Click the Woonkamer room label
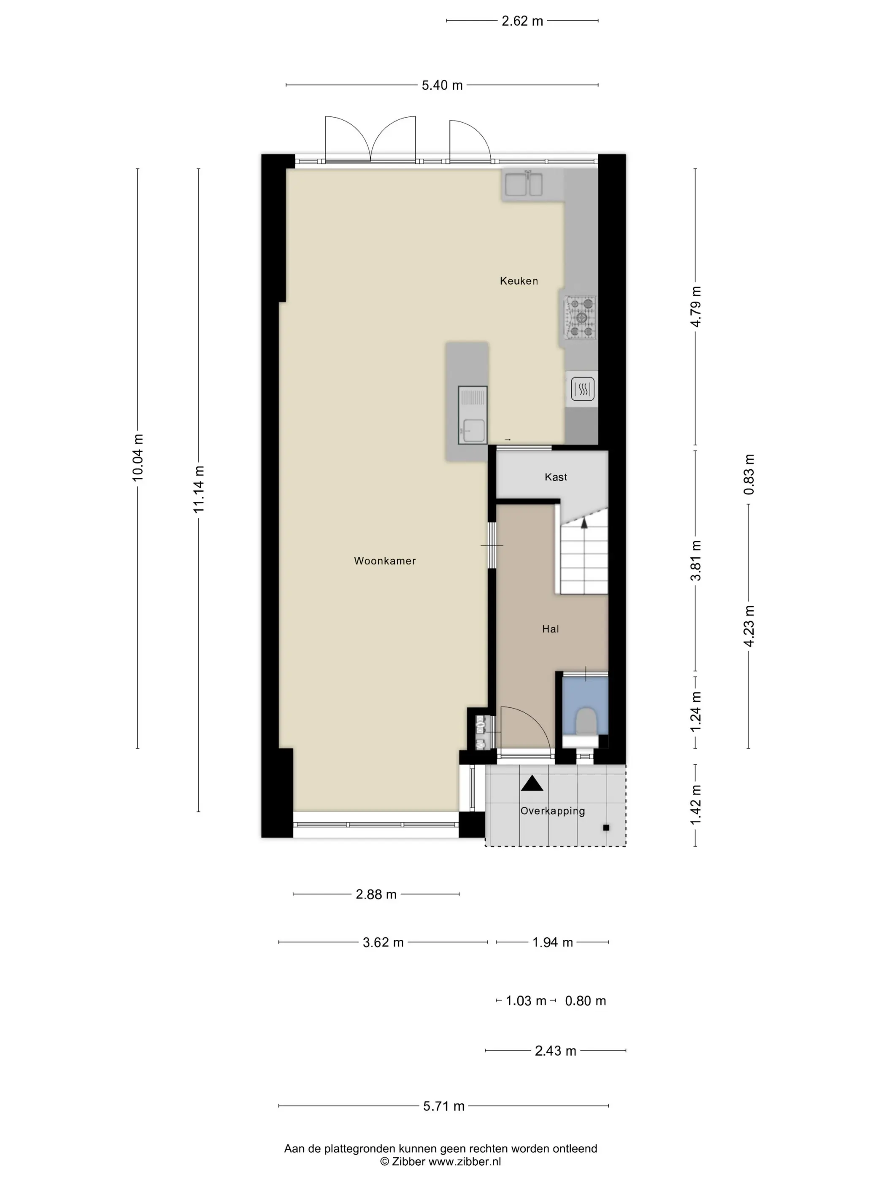384,561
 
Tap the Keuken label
519,281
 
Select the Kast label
555,477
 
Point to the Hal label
550,629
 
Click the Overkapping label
553,811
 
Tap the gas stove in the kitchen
581,318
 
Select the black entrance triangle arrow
532,783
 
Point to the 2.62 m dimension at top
522,21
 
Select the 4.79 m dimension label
695,307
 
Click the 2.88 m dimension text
376,894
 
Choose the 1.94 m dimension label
552,942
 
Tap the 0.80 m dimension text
585,1001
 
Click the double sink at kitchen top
524,185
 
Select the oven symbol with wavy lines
583,389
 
